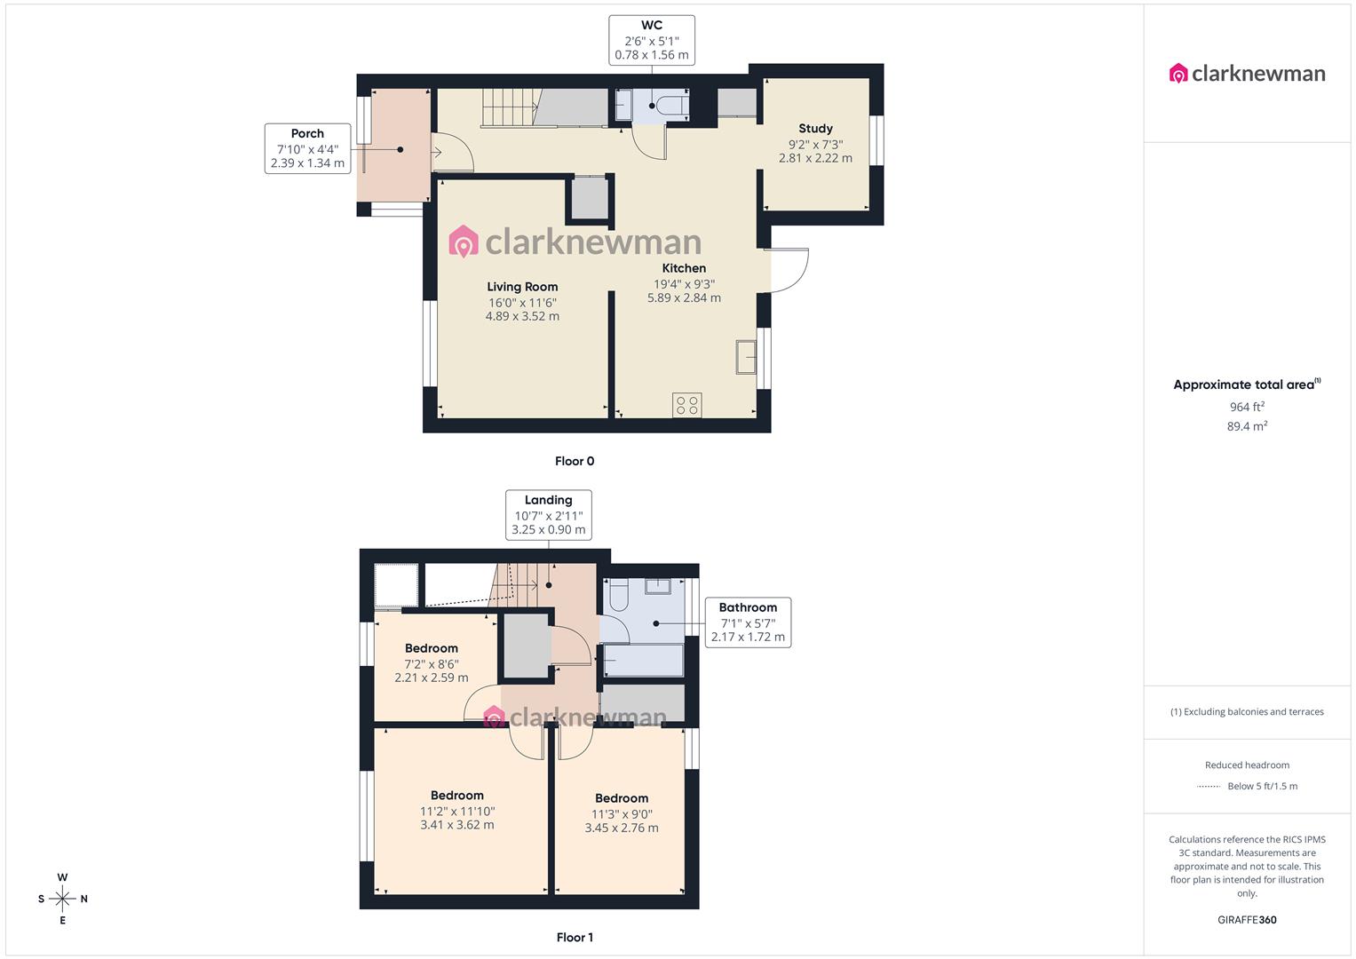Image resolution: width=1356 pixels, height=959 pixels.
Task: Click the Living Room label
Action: (x=522, y=287)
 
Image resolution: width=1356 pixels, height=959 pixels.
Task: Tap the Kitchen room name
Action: (x=684, y=268)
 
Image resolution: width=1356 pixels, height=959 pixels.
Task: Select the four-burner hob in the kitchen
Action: (x=687, y=406)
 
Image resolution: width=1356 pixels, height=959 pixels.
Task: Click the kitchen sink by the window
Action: (x=746, y=358)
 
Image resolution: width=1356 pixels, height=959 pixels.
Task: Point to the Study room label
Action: (x=815, y=129)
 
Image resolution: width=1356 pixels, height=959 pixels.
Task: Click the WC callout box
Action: (x=652, y=40)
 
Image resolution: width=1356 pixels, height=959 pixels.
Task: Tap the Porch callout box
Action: (x=307, y=148)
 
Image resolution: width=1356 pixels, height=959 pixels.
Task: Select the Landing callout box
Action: (x=548, y=515)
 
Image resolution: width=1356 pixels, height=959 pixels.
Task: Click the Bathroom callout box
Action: (x=748, y=622)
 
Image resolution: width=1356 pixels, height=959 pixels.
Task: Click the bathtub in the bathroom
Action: (x=644, y=662)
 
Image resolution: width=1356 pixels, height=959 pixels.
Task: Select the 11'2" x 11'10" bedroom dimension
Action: (x=457, y=811)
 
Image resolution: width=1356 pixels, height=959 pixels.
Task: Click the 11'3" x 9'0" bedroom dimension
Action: (x=622, y=813)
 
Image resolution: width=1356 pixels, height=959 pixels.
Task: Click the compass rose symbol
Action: (x=62, y=899)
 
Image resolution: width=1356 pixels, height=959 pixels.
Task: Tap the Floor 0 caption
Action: (x=575, y=461)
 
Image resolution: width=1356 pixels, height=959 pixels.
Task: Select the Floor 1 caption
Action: (x=575, y=937)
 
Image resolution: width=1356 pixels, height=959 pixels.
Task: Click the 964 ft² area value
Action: (x=1247, y=407)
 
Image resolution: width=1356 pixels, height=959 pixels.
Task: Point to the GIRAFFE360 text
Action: (x=1247, y=920)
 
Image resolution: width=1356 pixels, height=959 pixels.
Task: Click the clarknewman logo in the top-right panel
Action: (x=1247, y=74)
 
